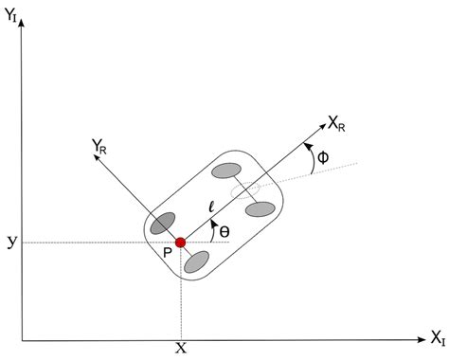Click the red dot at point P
pos(180,243)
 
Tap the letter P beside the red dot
pos(167,253)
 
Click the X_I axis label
pos(437,337)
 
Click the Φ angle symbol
pos(322,158)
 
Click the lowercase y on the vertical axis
pos(11,242)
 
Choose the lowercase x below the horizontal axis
pos(180,348)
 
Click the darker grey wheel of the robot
pos(162,225)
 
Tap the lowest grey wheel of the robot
pos(197,261)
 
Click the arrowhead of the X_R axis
pos(321,120)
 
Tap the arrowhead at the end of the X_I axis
pos(419,337)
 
